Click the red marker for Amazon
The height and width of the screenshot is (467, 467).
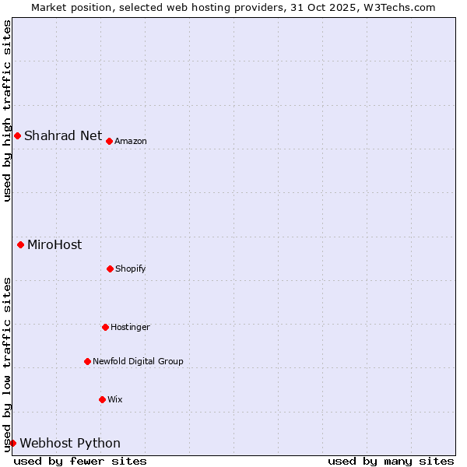pyautogui.click(x=109, y=141)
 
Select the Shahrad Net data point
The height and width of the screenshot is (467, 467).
pyautogui.click(x=17, y=135)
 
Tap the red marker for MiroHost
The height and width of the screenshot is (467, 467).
pyautogui.click(x=20, y=244)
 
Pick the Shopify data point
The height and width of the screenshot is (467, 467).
pyautogui.click(x=110, y=269)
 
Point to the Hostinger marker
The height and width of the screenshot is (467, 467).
pyautogui.click(x=105, y=327)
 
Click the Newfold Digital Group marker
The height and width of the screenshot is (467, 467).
pyautogui.click(x=87, y=361)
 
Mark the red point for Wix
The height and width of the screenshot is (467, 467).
pyautogui.click(x=102, y=399)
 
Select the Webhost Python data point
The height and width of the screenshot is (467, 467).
pyautogui.click(x=12, y=443)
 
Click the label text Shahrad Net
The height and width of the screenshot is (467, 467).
pyautogui.click(x=63, y=135)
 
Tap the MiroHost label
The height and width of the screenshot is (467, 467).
pyautogui.click(x=54, y=244)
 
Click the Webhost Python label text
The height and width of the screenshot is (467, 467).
pyautogui.click(x=70, y=443)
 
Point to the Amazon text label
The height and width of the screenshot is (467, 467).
pyautogui.click(x=131, y=141)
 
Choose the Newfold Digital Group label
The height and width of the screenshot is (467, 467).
pyautogui.click(x=138, y=361)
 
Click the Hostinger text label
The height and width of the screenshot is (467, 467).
pyautogui.click(x=130, y=327)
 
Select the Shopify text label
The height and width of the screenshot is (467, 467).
pyautogui.click(x=130, y=269)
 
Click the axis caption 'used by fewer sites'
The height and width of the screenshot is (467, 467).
pyautogui.click(x=80, y=461)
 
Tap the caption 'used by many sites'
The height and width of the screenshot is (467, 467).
pyautogui.click(x=391, y=461)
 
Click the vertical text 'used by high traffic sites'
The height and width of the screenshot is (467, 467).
pyautogui.click(x=7, y=111)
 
